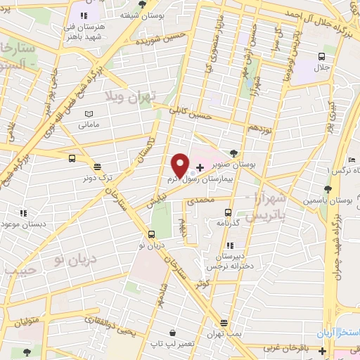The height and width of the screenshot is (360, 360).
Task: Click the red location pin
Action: coord(180,165)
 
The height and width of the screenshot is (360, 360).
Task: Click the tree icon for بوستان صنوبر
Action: coord(233,152)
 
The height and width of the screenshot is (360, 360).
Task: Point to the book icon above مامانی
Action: coord(88,114)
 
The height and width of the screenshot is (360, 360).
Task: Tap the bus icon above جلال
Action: coord(321,57)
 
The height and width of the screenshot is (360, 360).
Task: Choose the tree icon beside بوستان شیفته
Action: coord(143,4)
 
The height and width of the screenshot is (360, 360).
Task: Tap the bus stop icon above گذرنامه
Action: coord(228,212)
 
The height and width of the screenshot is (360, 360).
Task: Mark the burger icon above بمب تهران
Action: coord(224,323)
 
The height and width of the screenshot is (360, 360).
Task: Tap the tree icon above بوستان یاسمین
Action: coord(328,188)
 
